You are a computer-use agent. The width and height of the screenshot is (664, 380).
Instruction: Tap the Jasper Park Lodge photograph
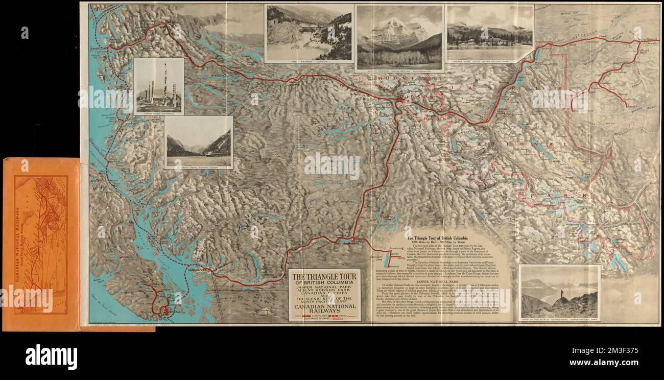pos(489,32)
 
